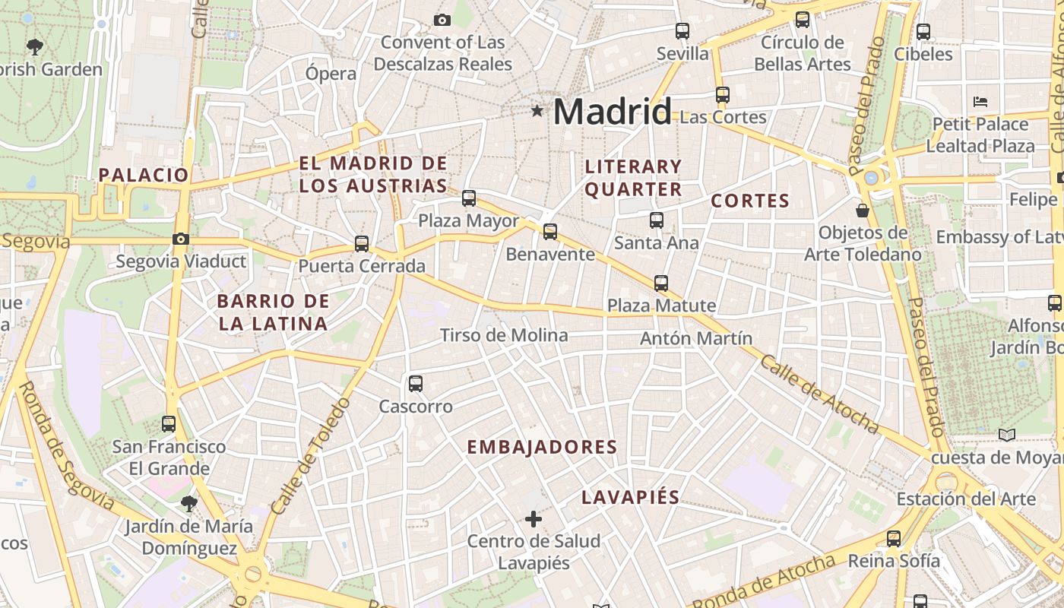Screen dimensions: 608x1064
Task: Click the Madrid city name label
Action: [612, 112]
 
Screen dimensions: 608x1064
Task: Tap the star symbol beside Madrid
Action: [537, 112]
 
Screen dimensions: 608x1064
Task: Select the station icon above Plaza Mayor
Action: [469, 198]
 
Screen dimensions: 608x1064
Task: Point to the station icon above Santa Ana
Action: [657, 220]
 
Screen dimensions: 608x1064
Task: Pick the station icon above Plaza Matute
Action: [661, 283]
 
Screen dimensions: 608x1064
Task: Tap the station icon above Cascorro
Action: [416, 384]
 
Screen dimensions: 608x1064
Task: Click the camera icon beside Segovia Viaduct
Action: [180, 239]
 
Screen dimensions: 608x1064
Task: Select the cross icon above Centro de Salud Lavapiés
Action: [534, 520]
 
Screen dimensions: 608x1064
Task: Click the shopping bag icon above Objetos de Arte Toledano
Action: [863, 210]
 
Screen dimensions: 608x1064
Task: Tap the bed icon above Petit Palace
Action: [980, 102]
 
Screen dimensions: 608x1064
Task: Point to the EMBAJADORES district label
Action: [542, 447]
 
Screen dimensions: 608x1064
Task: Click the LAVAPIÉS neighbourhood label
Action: [630, 498]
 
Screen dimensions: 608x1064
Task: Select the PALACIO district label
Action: [144, 175]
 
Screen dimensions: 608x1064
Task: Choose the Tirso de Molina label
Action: [504, 335]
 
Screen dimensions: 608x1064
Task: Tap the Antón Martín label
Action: [696, 338]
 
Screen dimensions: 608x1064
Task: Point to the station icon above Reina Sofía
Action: [894, 539]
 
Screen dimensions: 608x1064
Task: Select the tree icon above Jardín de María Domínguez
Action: [188, 503]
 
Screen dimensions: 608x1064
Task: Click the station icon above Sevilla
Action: [682, 31]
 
